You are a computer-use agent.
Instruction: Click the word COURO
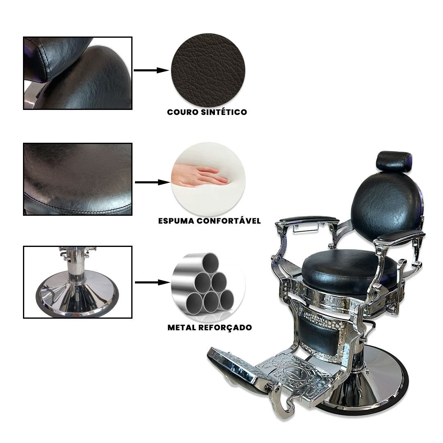tap(183, 112)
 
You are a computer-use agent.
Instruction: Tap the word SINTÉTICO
tap(224, 112)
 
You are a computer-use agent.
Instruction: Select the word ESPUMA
tap(176, 221)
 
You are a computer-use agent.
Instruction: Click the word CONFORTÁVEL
tap(228, 221)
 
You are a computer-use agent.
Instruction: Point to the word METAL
tap(182, 328)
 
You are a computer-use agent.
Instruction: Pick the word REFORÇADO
tap(225, 328)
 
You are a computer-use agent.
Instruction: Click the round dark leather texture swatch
tap(208, 71)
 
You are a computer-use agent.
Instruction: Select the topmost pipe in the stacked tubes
tap(210, 262)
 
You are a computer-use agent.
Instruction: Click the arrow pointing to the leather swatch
tap(151, 71)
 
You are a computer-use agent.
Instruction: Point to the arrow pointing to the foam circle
tap(152, 183)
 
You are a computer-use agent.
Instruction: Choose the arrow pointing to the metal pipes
tap(153, 282)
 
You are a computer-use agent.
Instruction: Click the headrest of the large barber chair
tap(394, 161)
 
